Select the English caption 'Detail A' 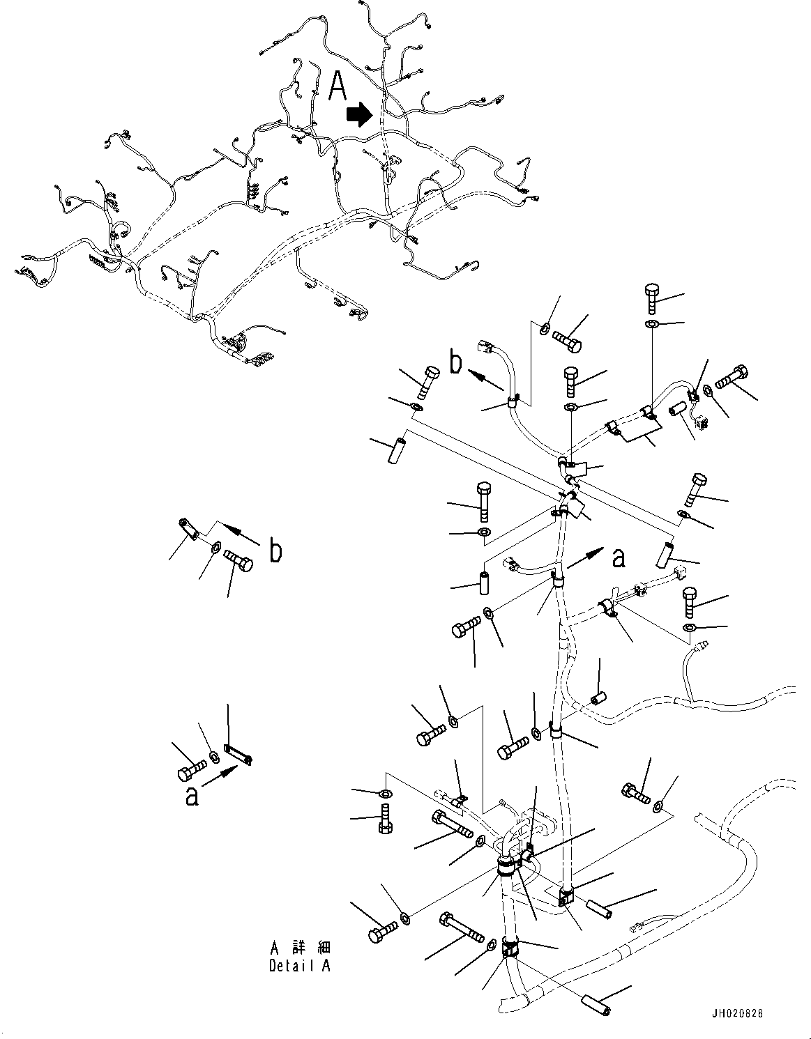point(300,966)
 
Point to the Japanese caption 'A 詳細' point(301,948)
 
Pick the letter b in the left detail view point(276,552)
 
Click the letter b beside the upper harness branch point(456,364)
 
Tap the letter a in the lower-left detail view point(192,795)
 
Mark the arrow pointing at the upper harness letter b point(486,379)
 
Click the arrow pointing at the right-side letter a point(585,557)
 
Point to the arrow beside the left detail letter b point(241,536)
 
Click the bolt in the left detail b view point(238,560)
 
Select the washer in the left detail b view point(215,547)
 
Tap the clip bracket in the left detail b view point(189,530)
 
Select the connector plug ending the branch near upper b point(485,346)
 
